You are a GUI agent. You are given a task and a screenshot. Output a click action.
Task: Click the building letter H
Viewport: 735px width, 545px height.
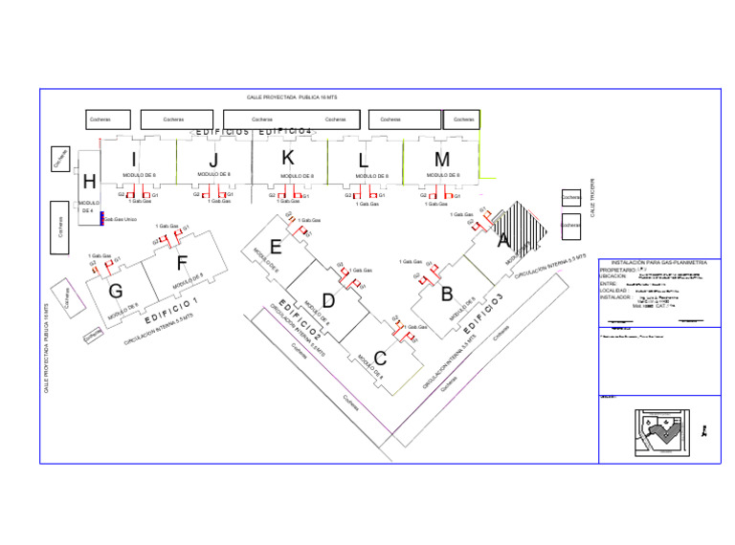tap(89, 182)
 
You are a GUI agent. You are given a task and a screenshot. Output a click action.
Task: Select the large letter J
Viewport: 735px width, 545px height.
tap(213, 160)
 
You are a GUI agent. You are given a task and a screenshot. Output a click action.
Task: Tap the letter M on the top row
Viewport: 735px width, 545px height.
tap(442, 159)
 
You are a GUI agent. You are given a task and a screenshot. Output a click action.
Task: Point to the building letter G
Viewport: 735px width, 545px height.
tap(116, 290)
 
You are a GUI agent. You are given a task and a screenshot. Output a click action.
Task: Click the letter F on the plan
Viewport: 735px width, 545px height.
tap(182, 263)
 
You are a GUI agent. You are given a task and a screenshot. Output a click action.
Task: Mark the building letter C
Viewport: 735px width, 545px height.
tap(380, 359)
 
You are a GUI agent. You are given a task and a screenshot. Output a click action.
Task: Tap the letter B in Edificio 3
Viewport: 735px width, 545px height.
tap(447, 294)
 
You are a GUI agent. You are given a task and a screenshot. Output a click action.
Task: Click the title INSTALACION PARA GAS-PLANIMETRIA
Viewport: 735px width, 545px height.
tap(658, 262)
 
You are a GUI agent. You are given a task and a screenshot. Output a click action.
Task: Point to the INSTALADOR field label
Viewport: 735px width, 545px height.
tap(617, 297)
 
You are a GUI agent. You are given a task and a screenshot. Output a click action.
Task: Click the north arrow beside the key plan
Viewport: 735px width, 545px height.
tap(705, 431)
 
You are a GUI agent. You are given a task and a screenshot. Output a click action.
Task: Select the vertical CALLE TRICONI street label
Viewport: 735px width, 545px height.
tap(592, 198)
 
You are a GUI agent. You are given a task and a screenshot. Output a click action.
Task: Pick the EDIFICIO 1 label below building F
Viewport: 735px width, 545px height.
tap(171, 309)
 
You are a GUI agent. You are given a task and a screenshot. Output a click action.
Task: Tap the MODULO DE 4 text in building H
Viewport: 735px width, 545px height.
tap(88, 207)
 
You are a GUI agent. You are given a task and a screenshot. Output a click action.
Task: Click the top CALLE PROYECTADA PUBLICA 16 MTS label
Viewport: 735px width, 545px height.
tap(292, 98)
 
